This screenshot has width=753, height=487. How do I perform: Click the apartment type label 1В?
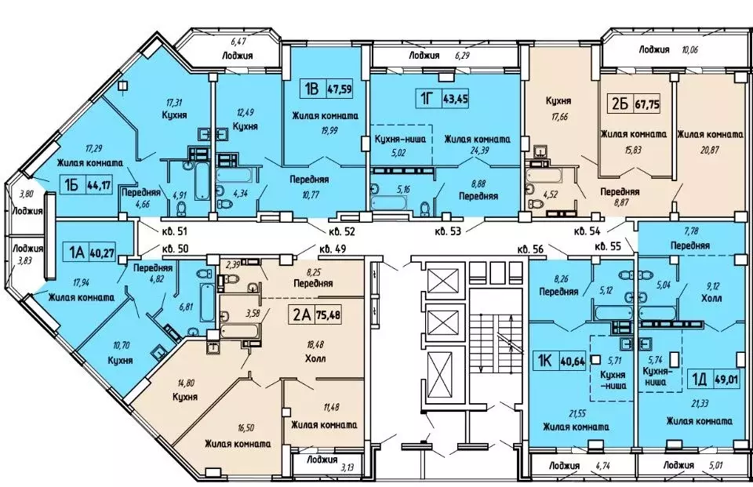[311, 89]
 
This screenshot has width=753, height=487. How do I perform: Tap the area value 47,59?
[339, 89]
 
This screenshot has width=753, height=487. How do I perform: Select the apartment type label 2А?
[301, 315]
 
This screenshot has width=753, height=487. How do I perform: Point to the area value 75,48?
[329, 315]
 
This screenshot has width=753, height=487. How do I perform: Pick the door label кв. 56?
[531, 249]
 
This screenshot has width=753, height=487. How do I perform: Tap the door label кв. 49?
[333, 249]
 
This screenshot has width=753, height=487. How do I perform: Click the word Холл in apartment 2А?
[315, 358]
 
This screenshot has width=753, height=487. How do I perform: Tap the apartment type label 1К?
[544, 361]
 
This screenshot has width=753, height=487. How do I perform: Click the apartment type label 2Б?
[620, 104]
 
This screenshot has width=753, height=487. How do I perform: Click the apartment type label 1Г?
[425, 100]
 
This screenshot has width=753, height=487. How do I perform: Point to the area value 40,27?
[103, 253]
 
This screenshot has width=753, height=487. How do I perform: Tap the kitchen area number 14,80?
[186, 383]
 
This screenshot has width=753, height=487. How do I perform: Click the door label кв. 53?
[448, 231]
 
